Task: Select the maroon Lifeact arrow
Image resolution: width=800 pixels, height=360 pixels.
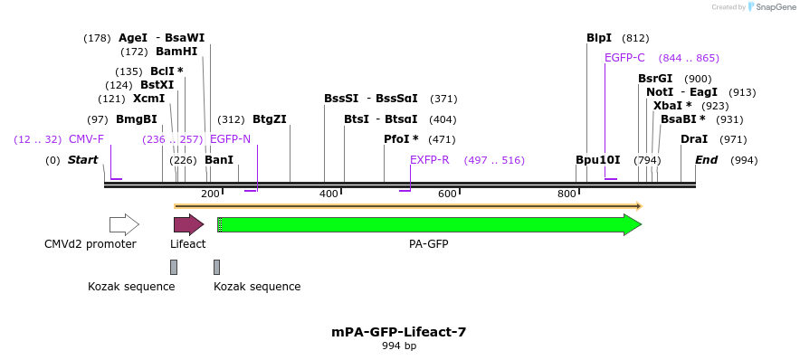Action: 188,224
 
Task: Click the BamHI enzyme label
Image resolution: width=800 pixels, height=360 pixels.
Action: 176,52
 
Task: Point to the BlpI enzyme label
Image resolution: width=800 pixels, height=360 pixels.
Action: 599,38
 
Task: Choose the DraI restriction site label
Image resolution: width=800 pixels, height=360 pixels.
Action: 694,139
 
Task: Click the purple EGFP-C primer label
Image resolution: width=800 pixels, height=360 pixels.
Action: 624,58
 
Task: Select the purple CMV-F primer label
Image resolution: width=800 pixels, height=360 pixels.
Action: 86,139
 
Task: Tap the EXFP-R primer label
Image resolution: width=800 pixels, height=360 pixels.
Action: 430,160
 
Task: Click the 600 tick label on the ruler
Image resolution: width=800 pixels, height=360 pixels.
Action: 447,194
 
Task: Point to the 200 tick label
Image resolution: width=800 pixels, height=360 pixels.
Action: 210,194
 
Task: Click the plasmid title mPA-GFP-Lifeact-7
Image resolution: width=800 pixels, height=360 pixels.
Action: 399,332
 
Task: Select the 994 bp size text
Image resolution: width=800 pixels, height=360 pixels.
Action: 399,346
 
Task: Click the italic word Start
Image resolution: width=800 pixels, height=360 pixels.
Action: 82,160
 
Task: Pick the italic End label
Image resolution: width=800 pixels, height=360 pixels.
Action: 707,160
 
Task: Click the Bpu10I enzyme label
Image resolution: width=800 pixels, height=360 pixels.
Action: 598,160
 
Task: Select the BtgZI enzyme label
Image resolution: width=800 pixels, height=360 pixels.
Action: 270,119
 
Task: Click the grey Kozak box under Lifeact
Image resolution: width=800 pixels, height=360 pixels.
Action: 174,267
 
